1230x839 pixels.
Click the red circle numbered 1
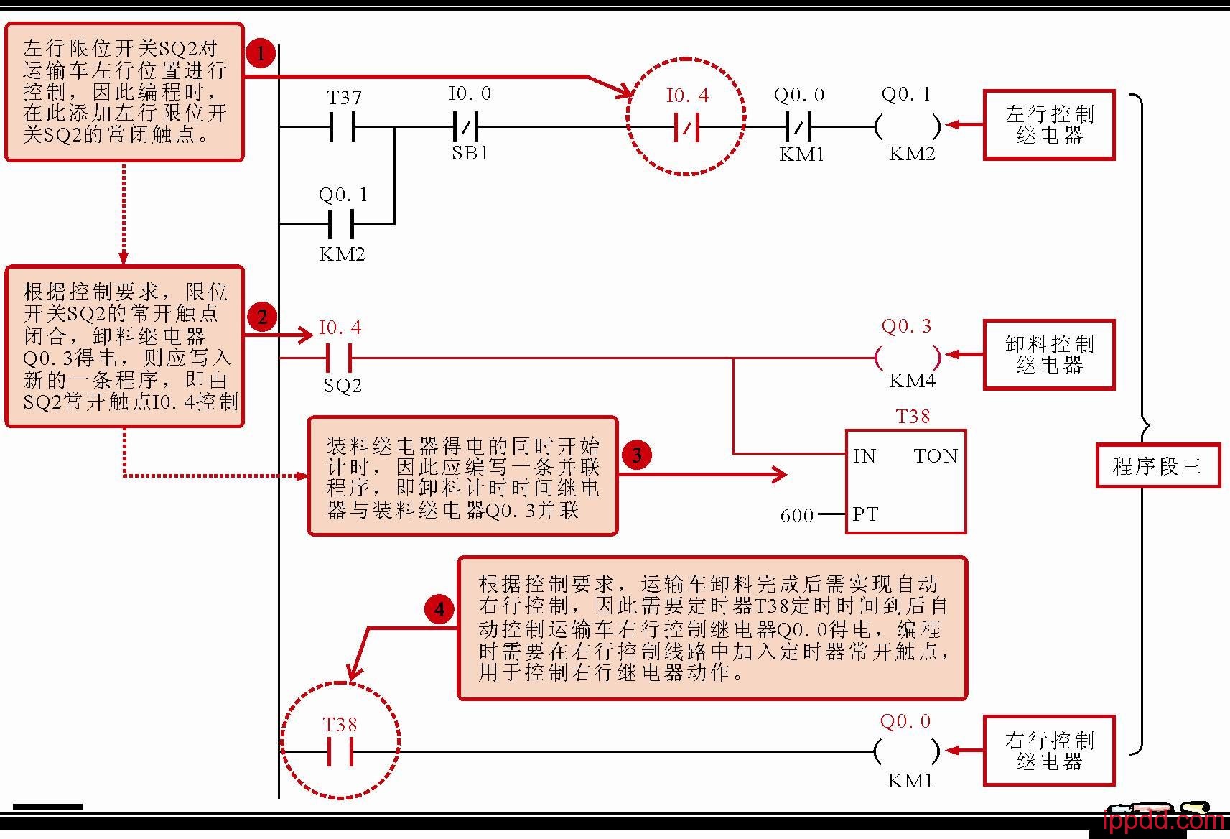tap(261, 53)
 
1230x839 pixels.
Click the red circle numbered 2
tap(262, 317)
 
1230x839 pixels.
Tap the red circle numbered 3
tap(636, 455)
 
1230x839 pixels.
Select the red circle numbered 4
tap(439, 610)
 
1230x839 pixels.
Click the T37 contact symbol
tap(343, 127)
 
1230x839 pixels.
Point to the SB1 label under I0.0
tap(470, 153)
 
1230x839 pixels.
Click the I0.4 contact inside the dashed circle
tap(686, 128)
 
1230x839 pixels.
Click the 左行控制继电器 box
tap(1048, 125)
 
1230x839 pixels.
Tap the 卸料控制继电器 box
tap(1048, 355)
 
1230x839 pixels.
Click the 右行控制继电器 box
tap(1048, 751)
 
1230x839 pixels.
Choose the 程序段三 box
tap(1157, 466)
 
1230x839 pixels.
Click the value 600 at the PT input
tap(796, 515)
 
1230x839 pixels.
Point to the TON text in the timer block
tap(936, 456)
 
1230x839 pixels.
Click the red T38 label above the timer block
tap(913, 417)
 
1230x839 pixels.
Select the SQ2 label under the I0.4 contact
tap(342, 386)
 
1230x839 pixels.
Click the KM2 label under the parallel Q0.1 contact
tap(342, 254)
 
